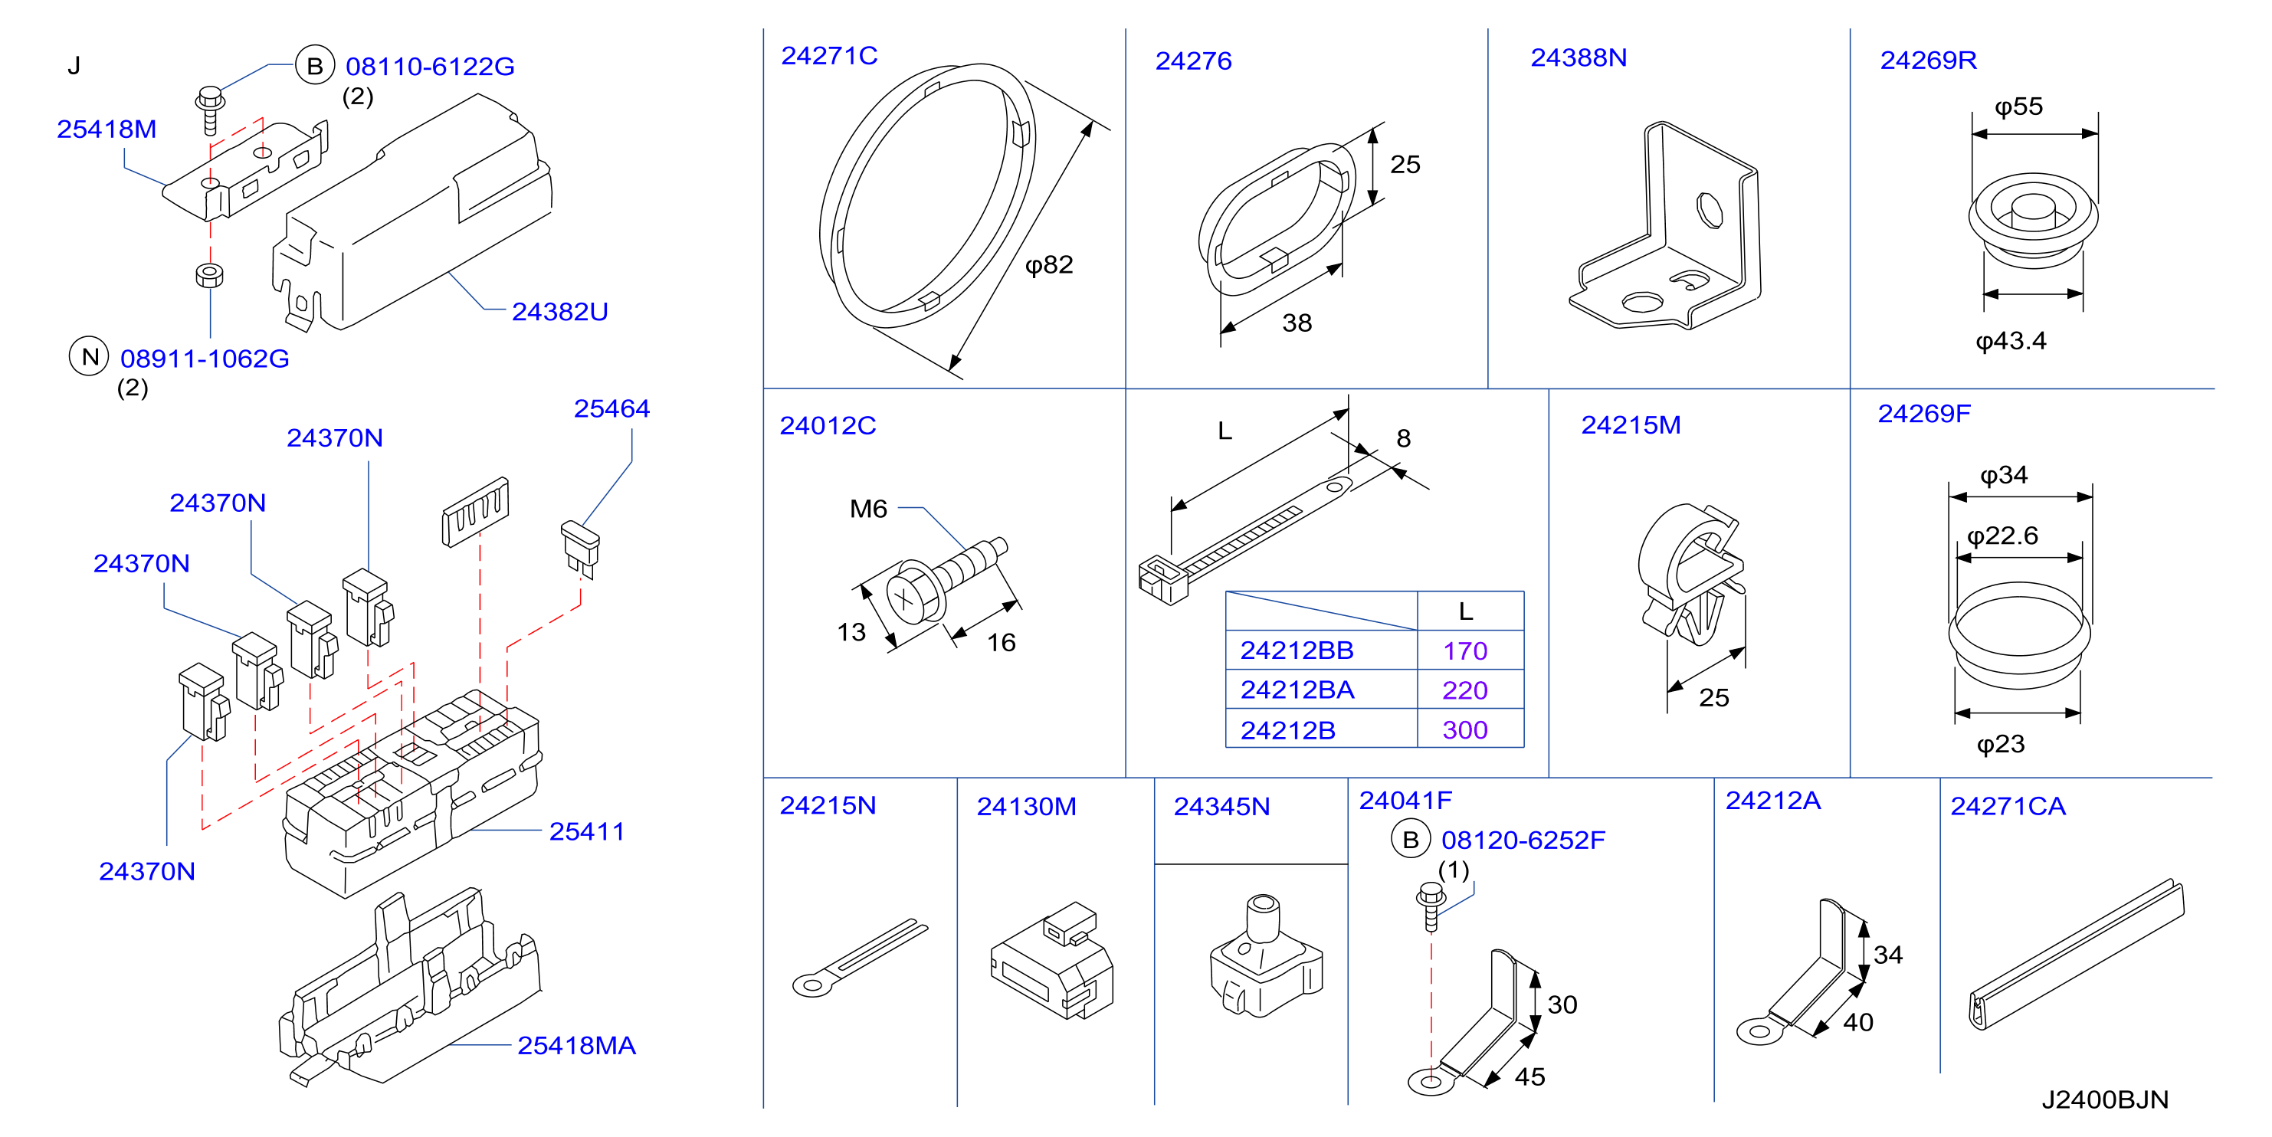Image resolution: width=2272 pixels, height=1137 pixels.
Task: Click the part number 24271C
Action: pyautogui.click(x=829, y=56)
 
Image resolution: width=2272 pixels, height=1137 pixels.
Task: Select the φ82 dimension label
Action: pyautogui.click(x=1049, y=264)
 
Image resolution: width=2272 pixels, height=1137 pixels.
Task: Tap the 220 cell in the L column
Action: pyautogui.click(x=1465, y=690)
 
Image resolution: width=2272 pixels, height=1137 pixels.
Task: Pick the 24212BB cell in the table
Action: pyautogui.click(x=1297, y=650)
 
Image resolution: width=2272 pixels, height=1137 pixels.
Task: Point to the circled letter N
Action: pyautogui.click(x=89, y=356)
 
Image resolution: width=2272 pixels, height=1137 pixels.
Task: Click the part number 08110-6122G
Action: pyautogui.click(x=430, y=66)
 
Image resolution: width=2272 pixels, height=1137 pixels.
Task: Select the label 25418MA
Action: pyautogui.click(x=576, y=1045)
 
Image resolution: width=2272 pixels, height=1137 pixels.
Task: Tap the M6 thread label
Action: pyautogui.click(x=868, y=509)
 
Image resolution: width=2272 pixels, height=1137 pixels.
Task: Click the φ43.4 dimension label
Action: pyautogui.click(x=2011, y=340)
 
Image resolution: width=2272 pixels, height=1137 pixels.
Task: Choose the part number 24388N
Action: pyautogui.click(x=1579, y=57)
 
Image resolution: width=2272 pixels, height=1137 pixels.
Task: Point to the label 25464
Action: pyautogui.click(x=611, y=408)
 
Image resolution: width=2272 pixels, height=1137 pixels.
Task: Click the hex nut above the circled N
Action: pyautogui.click(x=209, y=274)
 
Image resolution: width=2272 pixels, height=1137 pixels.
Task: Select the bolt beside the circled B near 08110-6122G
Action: pyautogui.click(x=210, y=110)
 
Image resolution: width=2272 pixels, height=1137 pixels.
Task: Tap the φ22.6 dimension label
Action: pyautogui.click(x=2002, y=536)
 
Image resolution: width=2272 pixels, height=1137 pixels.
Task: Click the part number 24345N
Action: pyautogui.click(x=1221, y=806)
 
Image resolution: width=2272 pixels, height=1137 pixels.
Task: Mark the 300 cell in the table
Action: pyautogui.click(x=1465, y=729)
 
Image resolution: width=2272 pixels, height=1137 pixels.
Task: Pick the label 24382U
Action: pyautogui.click(x=560, y=311)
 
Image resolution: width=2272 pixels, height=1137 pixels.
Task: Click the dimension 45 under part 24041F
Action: pyautogui.click(x=1529, y=1076)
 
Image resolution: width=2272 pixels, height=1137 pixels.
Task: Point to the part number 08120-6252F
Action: pyautogui.click(x=1523, y=840)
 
